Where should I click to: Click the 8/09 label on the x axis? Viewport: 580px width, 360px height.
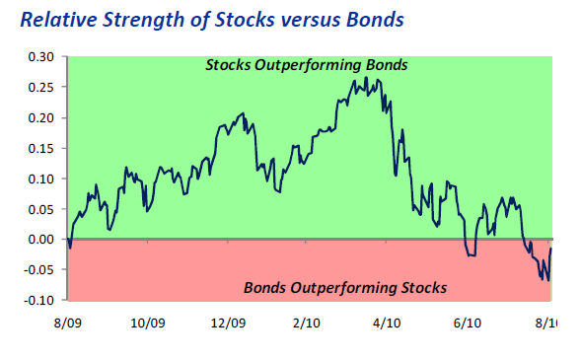point(68,322)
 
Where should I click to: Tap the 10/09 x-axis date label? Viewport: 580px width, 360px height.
point(146,322)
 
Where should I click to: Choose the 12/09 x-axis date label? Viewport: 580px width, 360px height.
point(227,322)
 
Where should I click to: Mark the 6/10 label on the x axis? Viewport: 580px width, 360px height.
point(467,322)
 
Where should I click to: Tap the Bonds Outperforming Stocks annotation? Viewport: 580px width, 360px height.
point(344,288)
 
